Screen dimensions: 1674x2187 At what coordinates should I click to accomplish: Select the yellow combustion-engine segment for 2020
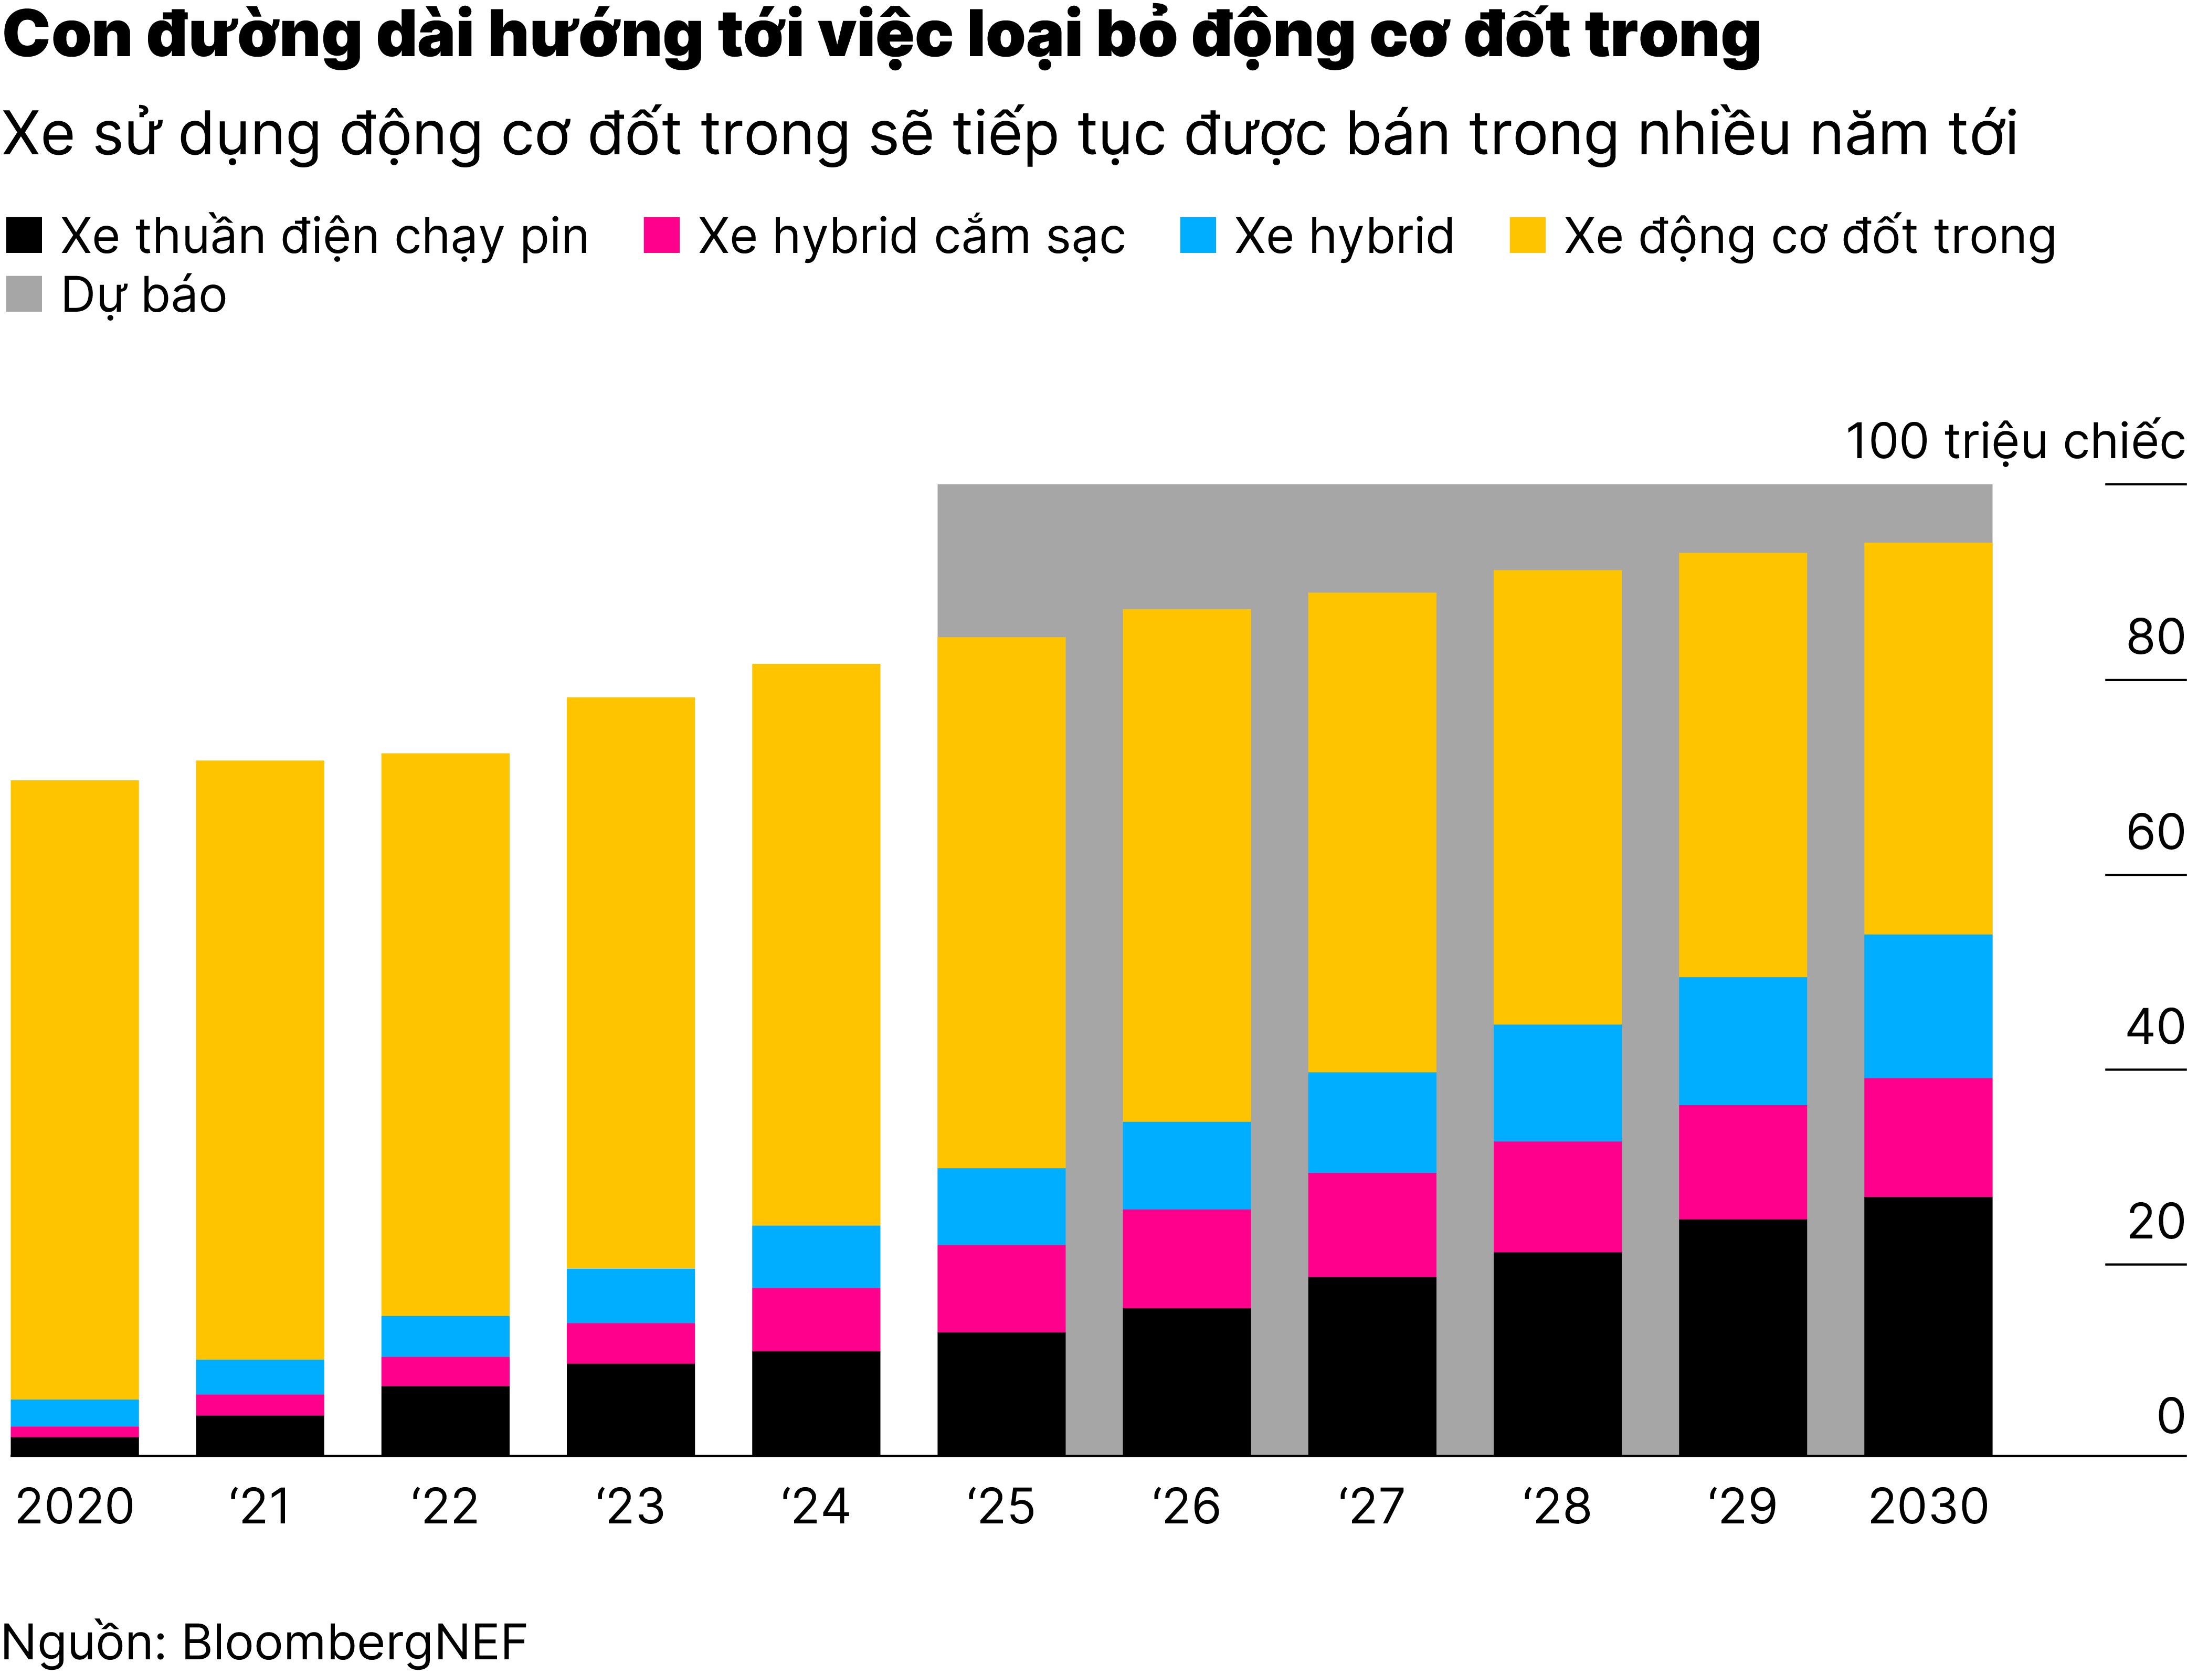click(x=75, y=1089)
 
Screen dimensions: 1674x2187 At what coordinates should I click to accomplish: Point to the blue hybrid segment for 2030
click(x=1927, y=1005)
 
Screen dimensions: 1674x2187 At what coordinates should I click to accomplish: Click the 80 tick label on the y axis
click(x=2155, y=638)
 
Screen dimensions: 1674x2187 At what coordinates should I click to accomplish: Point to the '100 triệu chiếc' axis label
click(x=2015, y=441)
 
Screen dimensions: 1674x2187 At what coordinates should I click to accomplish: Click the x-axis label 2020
click(x=75, y=1507)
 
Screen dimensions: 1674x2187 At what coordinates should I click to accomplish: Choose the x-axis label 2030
click(x=1928, y=1507)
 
